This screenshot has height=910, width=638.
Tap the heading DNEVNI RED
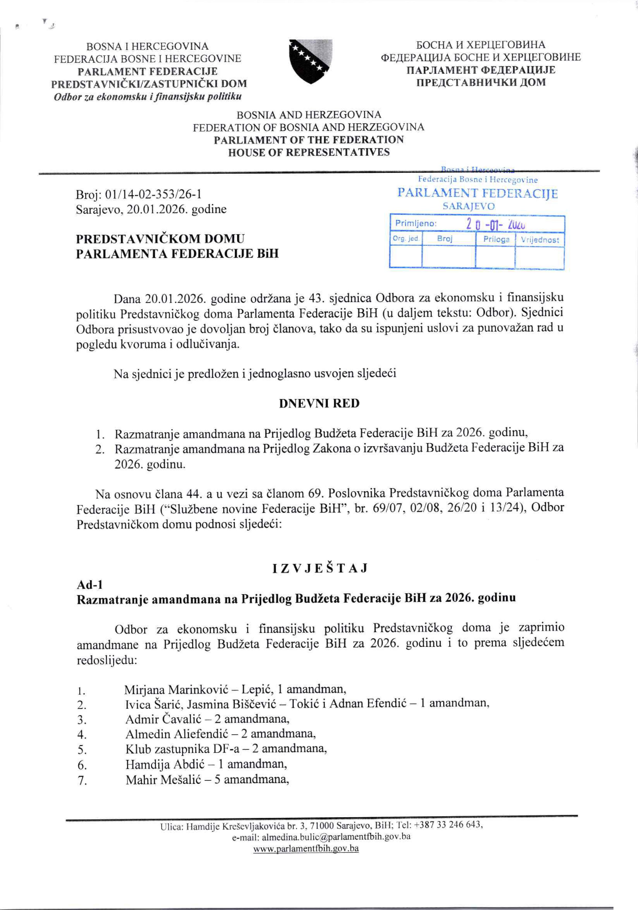click(x=319, y=403)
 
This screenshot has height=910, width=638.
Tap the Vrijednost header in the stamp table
click(x=540, y=240)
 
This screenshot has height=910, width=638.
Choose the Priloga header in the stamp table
click(x=496, y=239)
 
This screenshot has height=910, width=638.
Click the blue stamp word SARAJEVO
click(x=468, y=206)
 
